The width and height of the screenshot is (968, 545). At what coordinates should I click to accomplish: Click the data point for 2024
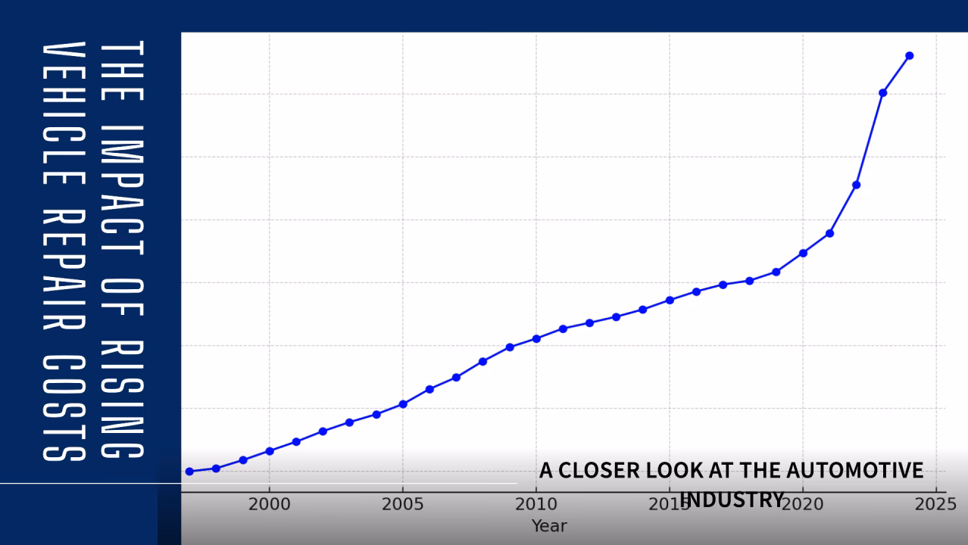pos(909,55)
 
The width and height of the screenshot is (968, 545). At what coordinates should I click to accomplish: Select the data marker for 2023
pos(882,92)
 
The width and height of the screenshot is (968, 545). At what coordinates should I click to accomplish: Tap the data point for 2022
pos(856,185)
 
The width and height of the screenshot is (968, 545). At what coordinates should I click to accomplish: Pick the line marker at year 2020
pos(803,253)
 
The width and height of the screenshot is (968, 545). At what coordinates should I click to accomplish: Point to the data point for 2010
pos(536,338)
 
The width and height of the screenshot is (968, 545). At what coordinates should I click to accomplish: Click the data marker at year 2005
pos(403,404)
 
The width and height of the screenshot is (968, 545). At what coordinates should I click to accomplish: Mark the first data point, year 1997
pos(189,472)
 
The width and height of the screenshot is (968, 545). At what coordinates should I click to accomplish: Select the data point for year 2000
pos(270,451)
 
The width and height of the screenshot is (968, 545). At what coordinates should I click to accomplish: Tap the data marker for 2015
pos(670,301)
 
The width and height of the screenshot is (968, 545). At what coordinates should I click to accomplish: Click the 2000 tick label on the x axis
pos(270,505)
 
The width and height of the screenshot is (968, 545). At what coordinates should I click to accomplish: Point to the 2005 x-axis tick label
pos(403,505)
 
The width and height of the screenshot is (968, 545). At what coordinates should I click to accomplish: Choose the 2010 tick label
pos(536,505)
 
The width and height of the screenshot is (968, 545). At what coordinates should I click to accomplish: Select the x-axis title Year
pos(549,526)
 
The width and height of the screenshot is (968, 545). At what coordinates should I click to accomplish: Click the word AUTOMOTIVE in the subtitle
pos(854,470)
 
